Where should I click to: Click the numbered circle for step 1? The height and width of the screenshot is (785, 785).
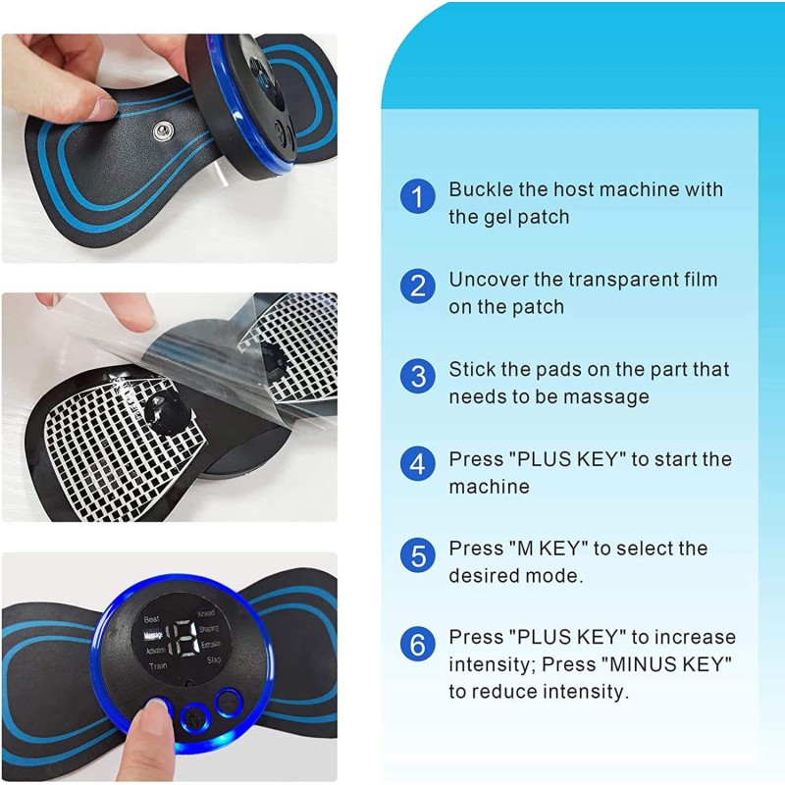click(418, 197)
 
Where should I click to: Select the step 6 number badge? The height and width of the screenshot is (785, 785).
click(418, 645)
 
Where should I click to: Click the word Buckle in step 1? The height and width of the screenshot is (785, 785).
click(480, 188)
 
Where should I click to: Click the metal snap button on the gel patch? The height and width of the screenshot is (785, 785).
click(157, 131)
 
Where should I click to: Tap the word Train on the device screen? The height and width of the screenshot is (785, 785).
click(156, 665)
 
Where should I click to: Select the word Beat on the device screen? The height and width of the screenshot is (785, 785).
click(152, 620)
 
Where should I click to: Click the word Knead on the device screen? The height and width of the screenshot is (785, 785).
click(206, 613)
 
